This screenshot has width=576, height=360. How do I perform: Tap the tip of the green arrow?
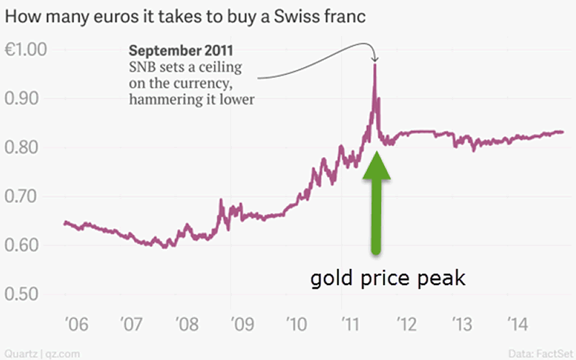(375, 153)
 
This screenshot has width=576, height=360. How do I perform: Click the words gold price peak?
(388, 278)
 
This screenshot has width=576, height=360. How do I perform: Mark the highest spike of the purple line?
(375, 66)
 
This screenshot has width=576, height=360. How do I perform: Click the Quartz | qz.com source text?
(33, 353)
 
